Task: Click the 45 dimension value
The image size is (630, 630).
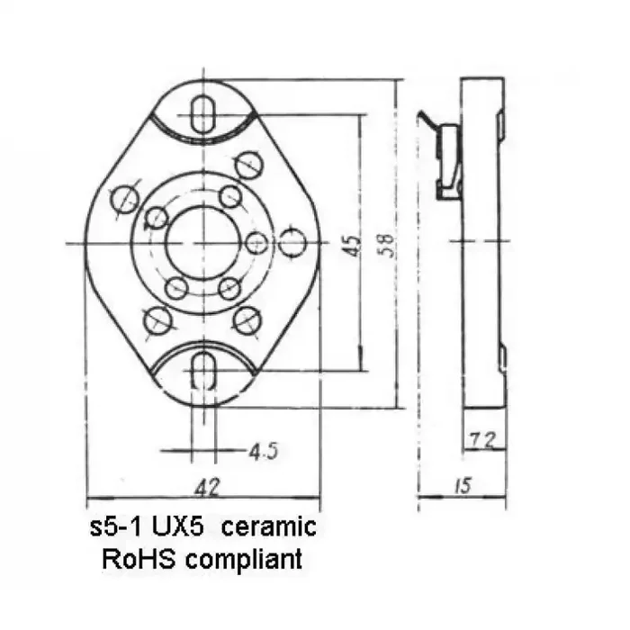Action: coord(352,244)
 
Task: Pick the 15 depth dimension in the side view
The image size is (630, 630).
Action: coord(464,486)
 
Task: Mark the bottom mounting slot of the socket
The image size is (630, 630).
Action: coord(203,371)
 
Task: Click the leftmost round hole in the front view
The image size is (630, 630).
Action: coord(124,198)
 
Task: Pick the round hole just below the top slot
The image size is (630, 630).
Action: coord(247,163)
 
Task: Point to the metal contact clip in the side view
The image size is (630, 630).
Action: coord(447,162)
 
